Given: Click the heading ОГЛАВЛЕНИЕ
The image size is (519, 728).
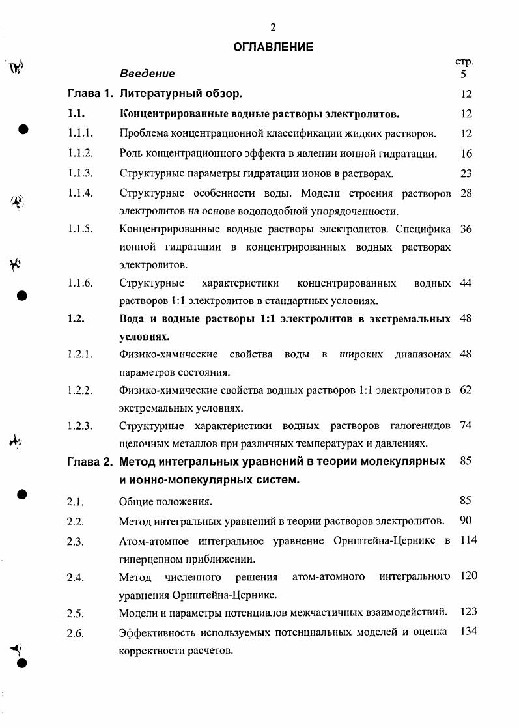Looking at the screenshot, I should (274, 47).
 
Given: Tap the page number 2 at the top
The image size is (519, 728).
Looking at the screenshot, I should (274, 27).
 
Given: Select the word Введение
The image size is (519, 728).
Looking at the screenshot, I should (147, 74).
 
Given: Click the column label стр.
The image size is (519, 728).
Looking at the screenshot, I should (464, 62).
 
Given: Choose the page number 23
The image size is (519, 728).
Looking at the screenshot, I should (466, 173).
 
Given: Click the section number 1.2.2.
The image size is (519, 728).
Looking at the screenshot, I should (80, 391).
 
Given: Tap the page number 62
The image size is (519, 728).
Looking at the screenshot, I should (466, 391).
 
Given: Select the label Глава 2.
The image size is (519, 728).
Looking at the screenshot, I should (90, 462).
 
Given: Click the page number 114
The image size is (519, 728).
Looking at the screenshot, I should (469, 540).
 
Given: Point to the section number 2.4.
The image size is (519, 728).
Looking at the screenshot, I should (76, 577).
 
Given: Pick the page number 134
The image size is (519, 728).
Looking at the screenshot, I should (469, 632).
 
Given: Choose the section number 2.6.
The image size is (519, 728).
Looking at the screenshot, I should (76, 632).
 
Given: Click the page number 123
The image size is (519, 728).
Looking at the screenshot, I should (469, 612).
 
